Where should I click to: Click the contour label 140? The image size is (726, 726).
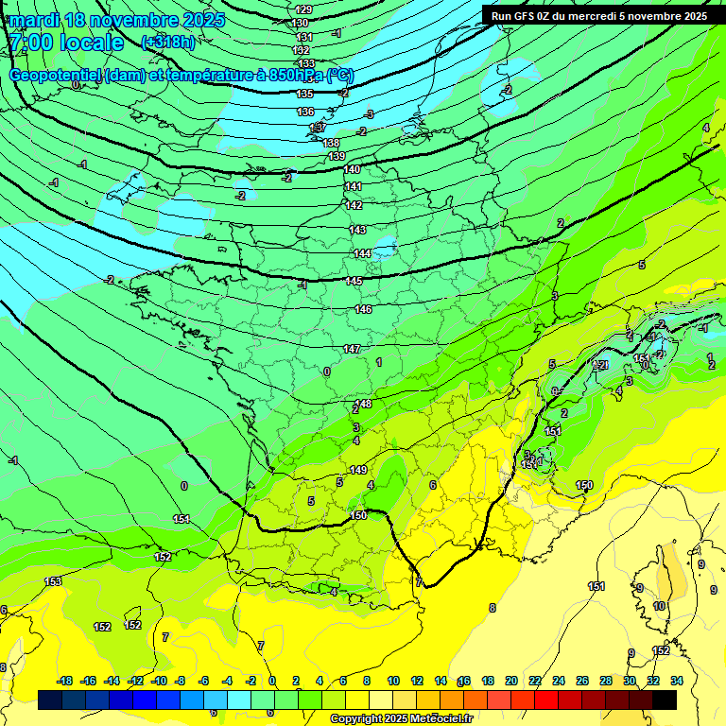(x=352, y=169)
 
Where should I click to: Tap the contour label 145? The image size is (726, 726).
(x=354, y=282)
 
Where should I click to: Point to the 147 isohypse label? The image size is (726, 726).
(x=352, y=349)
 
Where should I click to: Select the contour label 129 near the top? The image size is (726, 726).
(x=303, y=9)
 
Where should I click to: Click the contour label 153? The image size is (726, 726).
(x=53, y=581)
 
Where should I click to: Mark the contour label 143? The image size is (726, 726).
(x=357, y=230)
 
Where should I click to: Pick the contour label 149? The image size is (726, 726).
(x=358, y=470)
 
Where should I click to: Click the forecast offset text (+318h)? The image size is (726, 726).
(x=168, y=43)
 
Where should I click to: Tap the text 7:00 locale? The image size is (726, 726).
(x=66, y=43)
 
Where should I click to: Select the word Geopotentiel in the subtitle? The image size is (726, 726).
(x=55, y=76)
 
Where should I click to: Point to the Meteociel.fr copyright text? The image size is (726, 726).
(x=400, y=719)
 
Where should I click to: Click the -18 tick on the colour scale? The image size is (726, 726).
(x=65, y=681)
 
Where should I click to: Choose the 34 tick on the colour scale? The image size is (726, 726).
(x=677, y=681)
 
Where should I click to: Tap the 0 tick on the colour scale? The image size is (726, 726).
(x=272, y=681)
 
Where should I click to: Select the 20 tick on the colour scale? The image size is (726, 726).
(x=511, y=681)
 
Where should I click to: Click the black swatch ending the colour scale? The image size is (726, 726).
(x=665, y=700)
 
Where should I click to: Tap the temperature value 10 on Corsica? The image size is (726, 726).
(x=659, y=606)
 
